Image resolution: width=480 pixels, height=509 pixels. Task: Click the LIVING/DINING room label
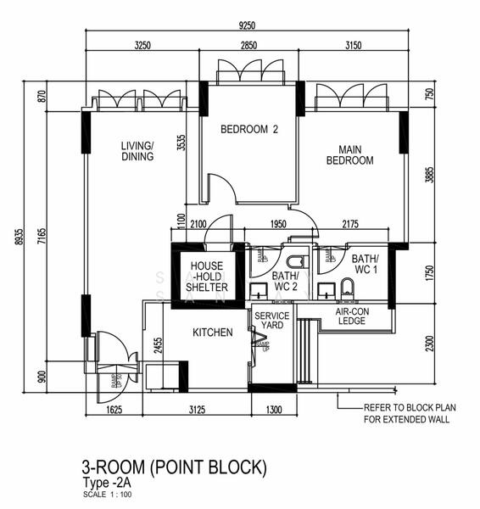137,151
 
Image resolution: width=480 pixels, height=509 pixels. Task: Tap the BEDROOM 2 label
249,130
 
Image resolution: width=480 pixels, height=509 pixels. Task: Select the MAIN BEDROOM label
349,154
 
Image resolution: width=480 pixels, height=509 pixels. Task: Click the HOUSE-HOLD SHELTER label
208,277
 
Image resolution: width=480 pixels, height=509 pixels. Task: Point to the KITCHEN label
212,333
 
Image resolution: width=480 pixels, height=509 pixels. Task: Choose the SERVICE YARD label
272,321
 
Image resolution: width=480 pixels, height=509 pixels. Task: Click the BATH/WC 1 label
365,264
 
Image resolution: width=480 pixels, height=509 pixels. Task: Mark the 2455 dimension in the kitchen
158,346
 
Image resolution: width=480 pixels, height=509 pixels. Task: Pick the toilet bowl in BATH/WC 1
348,286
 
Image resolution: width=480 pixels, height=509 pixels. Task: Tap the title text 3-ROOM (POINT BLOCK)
174,467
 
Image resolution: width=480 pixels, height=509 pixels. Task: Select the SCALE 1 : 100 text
107,494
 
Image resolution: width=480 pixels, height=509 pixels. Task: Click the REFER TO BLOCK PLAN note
409,412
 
